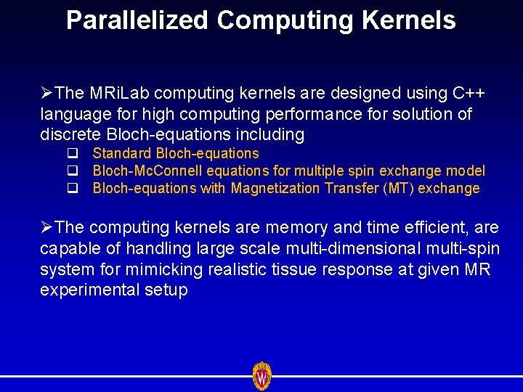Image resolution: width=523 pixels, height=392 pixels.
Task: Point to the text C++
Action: (469, 94)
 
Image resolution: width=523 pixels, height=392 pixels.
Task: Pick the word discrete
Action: (71, 134)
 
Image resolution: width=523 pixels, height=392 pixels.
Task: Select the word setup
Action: (167, 290)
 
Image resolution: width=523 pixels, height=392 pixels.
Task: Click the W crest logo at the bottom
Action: (261, 376)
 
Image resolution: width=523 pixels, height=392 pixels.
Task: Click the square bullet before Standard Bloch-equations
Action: (73, 154)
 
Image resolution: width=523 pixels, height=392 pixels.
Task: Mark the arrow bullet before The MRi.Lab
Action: (46, 94)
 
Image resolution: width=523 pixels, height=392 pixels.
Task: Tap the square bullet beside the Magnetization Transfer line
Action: (73, 189)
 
